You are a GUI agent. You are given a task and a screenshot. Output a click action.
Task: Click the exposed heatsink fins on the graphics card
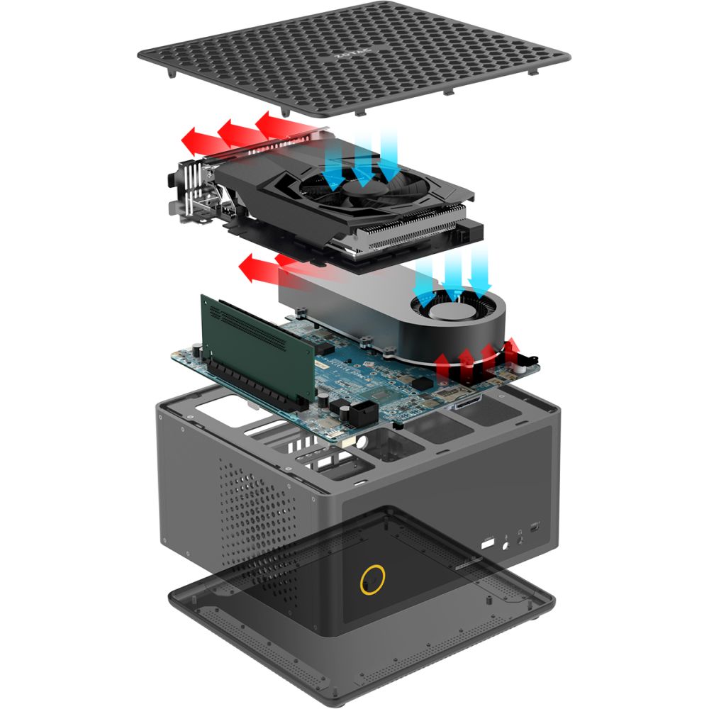(397, 234)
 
